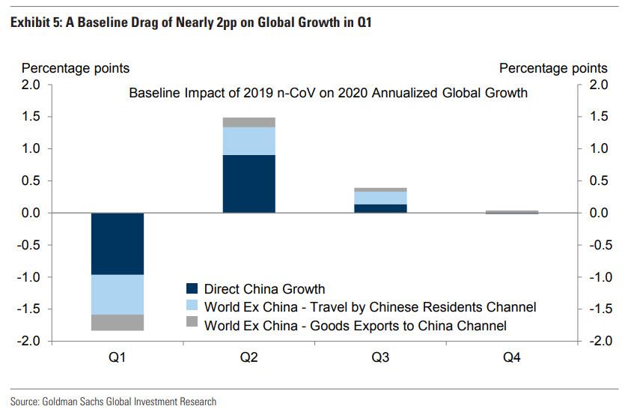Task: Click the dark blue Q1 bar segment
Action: (118, 243)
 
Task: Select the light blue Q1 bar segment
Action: (118, 294)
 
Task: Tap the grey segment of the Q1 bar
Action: (118, 323)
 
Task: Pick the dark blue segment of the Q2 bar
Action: (249, 184)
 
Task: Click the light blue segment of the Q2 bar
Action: (249, 141)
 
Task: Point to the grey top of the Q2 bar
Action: (249, 122)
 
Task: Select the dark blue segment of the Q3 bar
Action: (380, 208)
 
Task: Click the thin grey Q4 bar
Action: (512, 212)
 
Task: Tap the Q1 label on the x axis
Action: (118, 357)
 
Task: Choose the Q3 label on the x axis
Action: (380, 357)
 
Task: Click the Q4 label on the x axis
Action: (512, 357)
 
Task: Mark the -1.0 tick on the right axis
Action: (598, 277)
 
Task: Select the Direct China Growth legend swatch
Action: (192, 288)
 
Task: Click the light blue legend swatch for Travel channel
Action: (192, 307)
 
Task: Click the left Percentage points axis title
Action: (76, 68)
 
